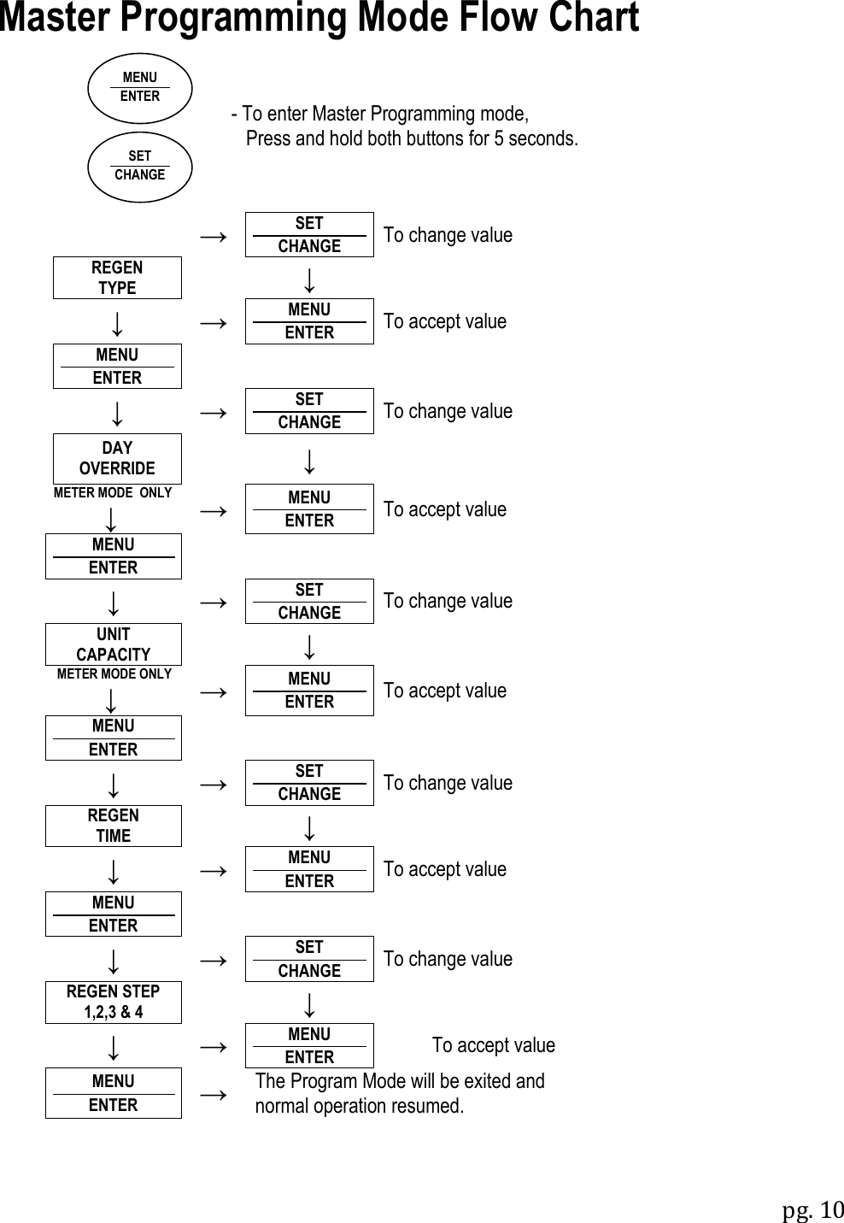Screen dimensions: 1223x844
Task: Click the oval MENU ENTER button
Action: coord(140,88)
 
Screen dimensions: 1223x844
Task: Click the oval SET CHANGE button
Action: coord(140,167)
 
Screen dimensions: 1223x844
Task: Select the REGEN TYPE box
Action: coord(117,278)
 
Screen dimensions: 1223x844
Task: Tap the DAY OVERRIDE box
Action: coord(117,459)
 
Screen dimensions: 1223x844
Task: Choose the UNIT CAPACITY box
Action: coord(114,644)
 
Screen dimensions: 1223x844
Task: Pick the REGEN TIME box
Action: coord(114,826)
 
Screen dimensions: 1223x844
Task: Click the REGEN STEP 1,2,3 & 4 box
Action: coord(114,1002)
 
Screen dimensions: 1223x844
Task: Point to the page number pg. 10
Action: coord(812,1211)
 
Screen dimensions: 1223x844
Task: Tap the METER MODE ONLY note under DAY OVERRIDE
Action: coord(113,493)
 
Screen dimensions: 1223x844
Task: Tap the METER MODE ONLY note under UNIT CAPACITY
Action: coord(114,674)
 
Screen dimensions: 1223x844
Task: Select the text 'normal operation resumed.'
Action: coord(360,1106)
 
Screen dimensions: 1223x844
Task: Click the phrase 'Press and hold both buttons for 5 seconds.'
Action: coord(412,138)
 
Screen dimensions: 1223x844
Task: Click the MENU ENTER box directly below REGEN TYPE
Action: coord(117,366)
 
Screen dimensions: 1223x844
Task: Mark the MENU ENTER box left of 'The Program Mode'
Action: coord(114,1093)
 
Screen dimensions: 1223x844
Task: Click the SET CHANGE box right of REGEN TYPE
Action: coord(309,234)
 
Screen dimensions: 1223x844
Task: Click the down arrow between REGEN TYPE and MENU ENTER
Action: coord(117,323)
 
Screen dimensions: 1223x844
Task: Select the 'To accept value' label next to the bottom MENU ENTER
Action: coord(493,1045)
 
